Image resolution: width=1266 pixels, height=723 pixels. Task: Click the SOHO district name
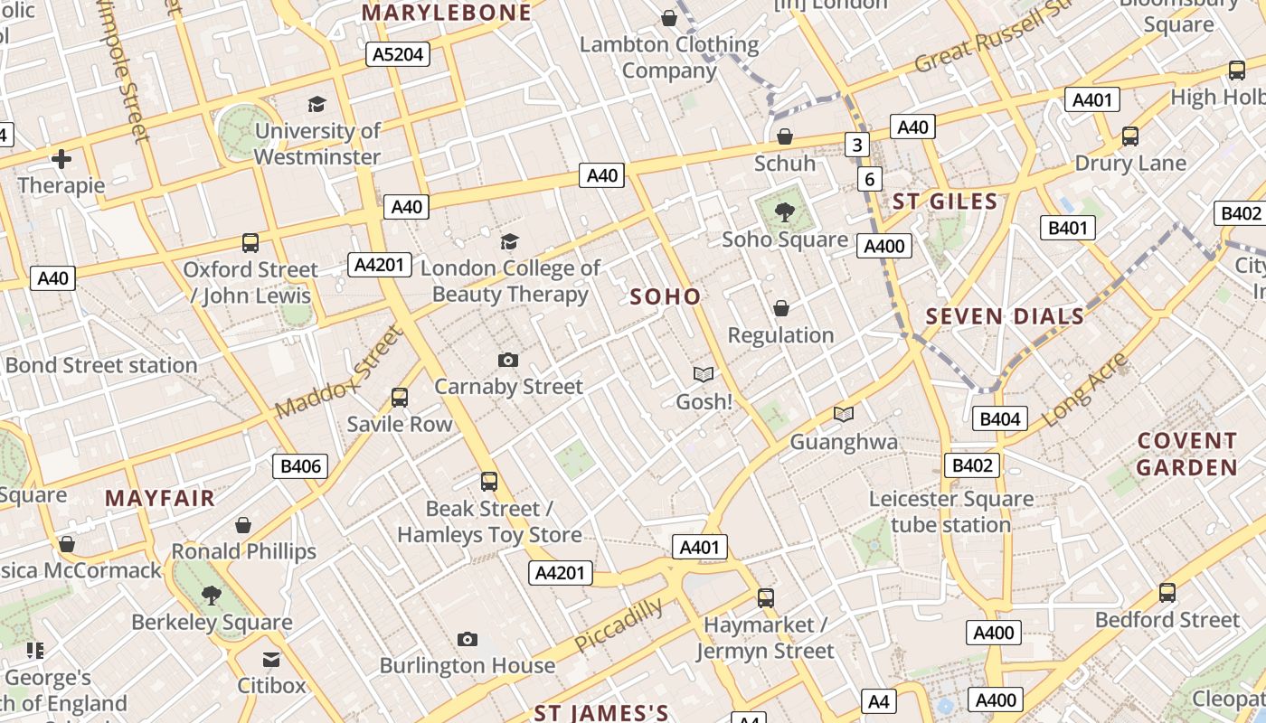(x=666, y=296)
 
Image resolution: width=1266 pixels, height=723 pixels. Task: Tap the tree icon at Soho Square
(x=784, y=213)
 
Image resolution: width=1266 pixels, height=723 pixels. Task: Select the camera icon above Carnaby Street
(x=508, y=360)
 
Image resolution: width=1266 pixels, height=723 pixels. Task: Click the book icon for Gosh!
(x=704, y=374)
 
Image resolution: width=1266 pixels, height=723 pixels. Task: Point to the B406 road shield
(x=300, y=466)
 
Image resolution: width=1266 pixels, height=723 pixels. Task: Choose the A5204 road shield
(x=399, y=54)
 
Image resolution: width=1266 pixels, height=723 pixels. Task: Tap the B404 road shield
(x=999, y=418)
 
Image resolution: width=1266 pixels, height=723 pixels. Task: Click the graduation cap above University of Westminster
(x=316, y=105)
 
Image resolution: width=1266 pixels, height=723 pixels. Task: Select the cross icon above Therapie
(x=61, y=160)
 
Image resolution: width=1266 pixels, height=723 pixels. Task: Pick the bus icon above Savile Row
(x=399, y=397)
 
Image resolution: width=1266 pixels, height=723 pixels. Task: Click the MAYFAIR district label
(x=160, y=498)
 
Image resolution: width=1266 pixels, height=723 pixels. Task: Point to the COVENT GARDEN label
(x=1186, y=455)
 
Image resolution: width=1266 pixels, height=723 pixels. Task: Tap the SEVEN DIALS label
(x=1005, y=316)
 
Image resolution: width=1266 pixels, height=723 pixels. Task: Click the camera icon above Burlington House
(x=467, y=640)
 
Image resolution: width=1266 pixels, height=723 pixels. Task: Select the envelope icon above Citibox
(x=271, y=659)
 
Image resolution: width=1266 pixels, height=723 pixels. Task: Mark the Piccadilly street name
(x=619, y=624)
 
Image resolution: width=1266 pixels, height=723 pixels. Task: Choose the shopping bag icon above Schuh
(x=785, y=136)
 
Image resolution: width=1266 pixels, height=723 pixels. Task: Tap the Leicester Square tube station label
(x=950, y=512)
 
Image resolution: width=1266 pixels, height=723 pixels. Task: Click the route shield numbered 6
(x=869, y=179)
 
